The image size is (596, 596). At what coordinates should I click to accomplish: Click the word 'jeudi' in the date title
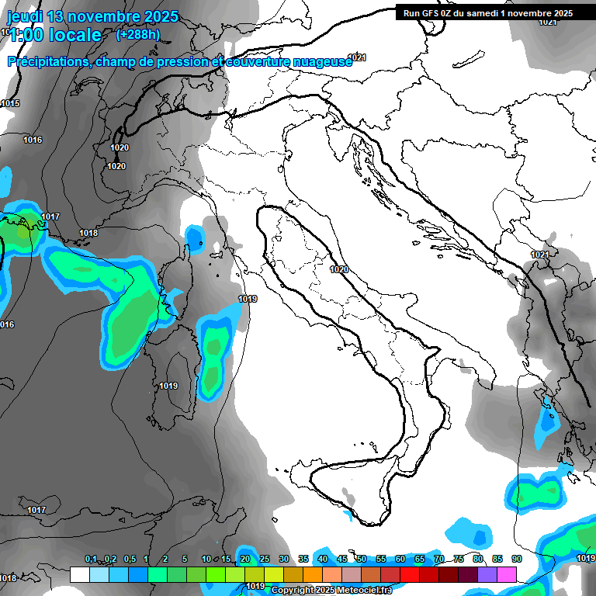tap(26, 16)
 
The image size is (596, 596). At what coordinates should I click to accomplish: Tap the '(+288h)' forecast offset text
tap(137, 35)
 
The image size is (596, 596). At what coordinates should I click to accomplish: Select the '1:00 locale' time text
tap(54, 35)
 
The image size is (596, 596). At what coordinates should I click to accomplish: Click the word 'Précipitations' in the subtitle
tap(48, 61)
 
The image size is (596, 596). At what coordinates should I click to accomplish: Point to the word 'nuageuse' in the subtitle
tap(320, 61)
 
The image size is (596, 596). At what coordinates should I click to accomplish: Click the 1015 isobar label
tap(10, 104)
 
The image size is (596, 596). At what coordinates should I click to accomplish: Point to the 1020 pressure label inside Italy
tap(338, 269)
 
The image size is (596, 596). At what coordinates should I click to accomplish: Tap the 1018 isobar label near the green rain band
tap(88, 233)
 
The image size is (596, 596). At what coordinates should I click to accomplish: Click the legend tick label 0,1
tap(91, 560)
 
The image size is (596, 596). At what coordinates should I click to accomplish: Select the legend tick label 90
tap(516, 560)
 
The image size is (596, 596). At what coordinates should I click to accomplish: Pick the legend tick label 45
tap(341, 560)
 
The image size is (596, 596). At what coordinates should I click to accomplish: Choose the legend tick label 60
tap(400, 560)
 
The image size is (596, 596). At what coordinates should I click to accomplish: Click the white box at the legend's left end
tap(79, 574)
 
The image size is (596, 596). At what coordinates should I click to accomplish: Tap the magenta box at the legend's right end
tap(507, 574)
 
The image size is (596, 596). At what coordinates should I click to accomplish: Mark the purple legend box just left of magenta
tap(487, 574)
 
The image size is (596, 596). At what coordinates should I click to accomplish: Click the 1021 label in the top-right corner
tap(548, 22)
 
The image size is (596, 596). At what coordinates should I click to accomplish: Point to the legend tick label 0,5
tap(130, 560)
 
